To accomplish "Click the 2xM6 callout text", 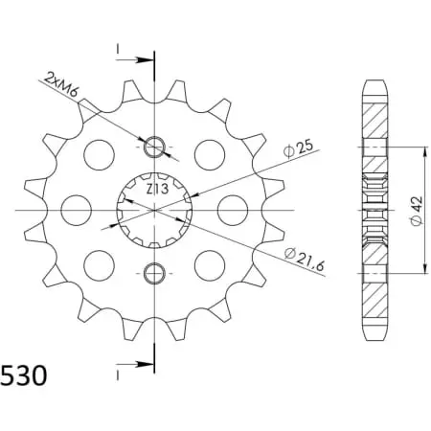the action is [x=61, y=84].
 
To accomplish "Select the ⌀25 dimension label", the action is [x=298, y=148].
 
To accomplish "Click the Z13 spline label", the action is [x=157, y=189].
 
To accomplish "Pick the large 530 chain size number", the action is [x=24, y=375].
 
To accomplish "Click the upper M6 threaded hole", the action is [x=154, y=147].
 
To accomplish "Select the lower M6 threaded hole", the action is [x=154, y=273].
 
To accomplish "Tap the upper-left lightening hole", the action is [x=99, y=155].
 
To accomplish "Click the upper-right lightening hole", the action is [x=210, y=155].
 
